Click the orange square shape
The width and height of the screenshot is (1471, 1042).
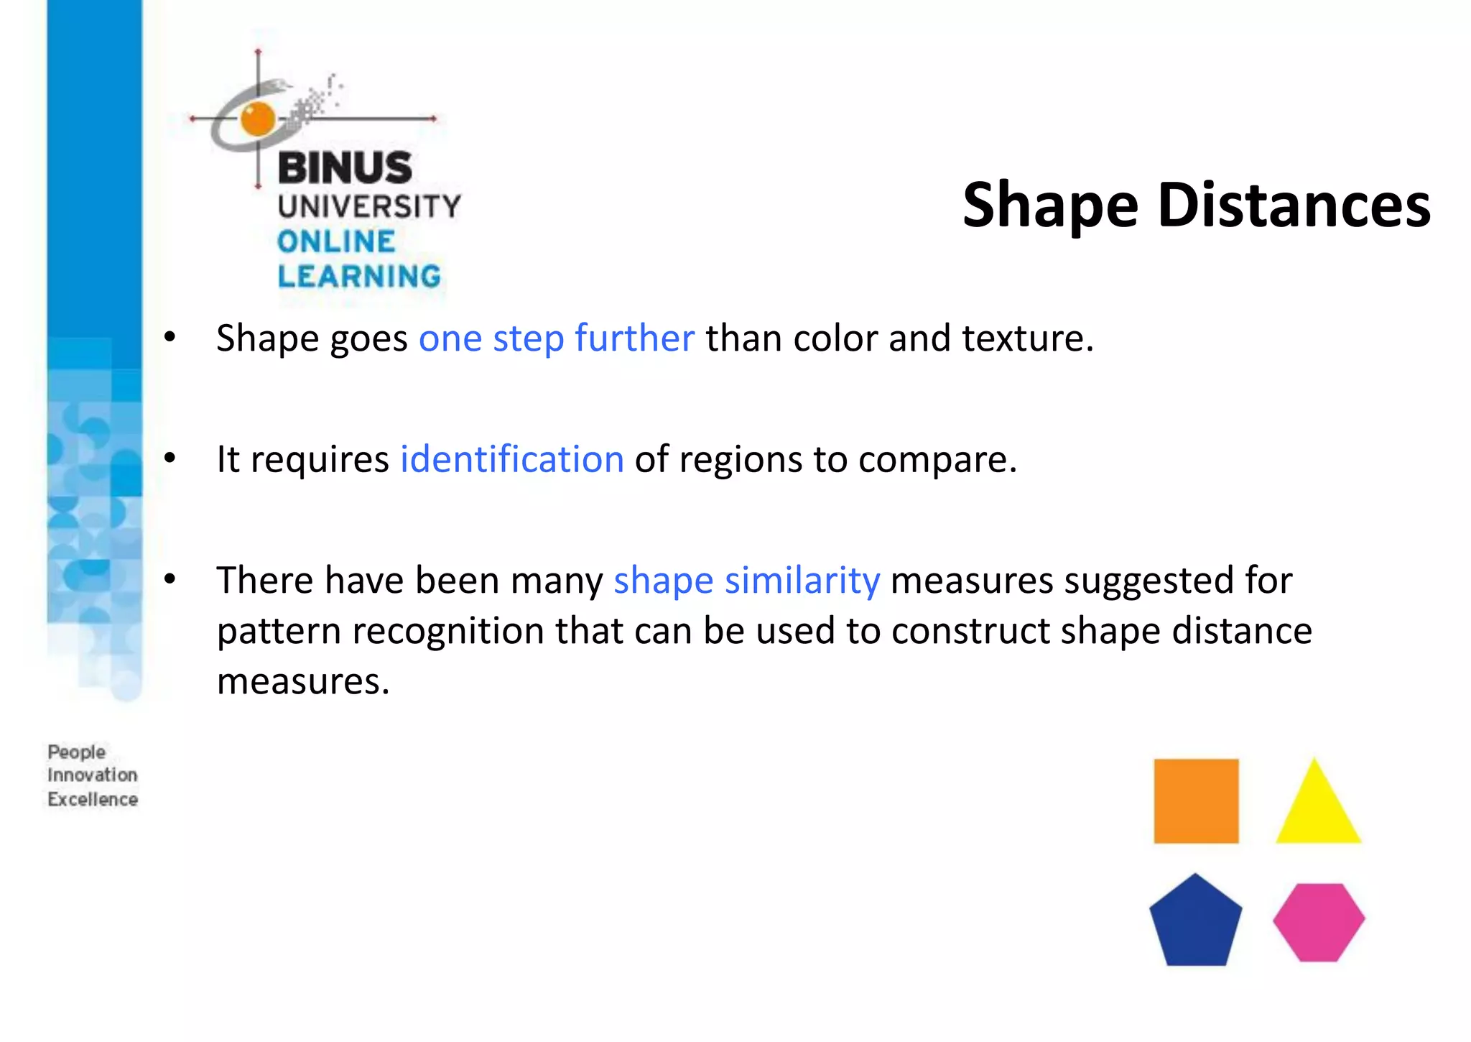click(x=1196, y=801)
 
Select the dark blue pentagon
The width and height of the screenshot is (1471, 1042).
click(x=1195, y=923)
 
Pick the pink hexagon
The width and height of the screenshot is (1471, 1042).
click(x=1319, y=922)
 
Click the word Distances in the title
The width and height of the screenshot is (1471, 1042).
click(x=1294, y=206)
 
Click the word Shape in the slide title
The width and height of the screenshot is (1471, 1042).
click(x=1051, y=207)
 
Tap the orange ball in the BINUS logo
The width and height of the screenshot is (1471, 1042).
click(x=258, y=119)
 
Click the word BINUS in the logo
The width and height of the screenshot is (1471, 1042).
click(x=345, y=167)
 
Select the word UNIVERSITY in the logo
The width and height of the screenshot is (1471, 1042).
click(x=369, y=206)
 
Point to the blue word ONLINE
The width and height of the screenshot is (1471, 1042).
click(x=336, y=241)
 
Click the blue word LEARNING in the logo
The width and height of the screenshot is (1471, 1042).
click(x=359, y=276)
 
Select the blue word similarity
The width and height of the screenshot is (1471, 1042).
click(x=802, y=580)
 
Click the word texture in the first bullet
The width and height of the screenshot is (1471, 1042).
click(x=1027, y=338)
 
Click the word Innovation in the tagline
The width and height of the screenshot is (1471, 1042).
click(x=93, y=775)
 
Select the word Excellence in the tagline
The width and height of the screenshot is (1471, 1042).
click(x=93, y=799)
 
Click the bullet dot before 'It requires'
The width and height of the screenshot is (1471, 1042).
click(x=170, y=458)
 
